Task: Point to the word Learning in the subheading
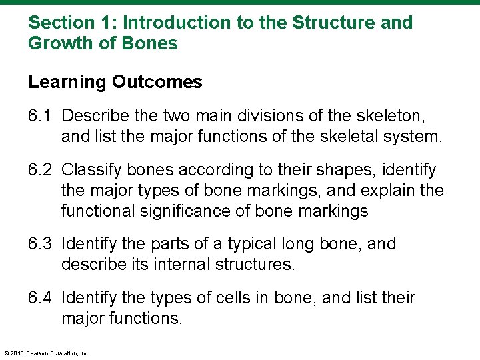pyautogui.click(x=67, y=83)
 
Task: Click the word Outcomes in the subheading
pyautogui.click(x=157, y=82)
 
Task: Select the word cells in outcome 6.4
pyautogui.click(x=234, y=298)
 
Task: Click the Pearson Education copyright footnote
pyautogui.click(x=47, y=353)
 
